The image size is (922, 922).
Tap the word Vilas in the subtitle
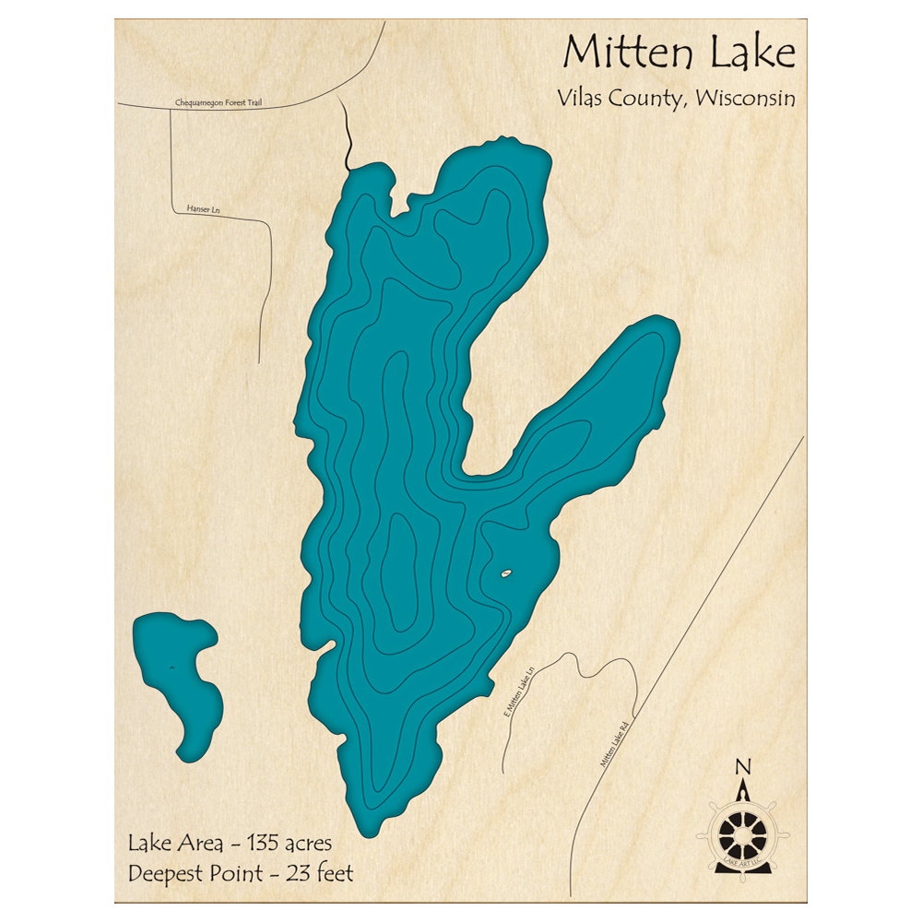pos(582,99)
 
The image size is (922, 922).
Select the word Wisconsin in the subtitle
pos(746,99)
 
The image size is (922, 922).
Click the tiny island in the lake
pos(504,575)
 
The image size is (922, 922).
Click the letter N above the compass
pos(742,766)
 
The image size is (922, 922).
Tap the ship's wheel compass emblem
pos(742,834)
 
